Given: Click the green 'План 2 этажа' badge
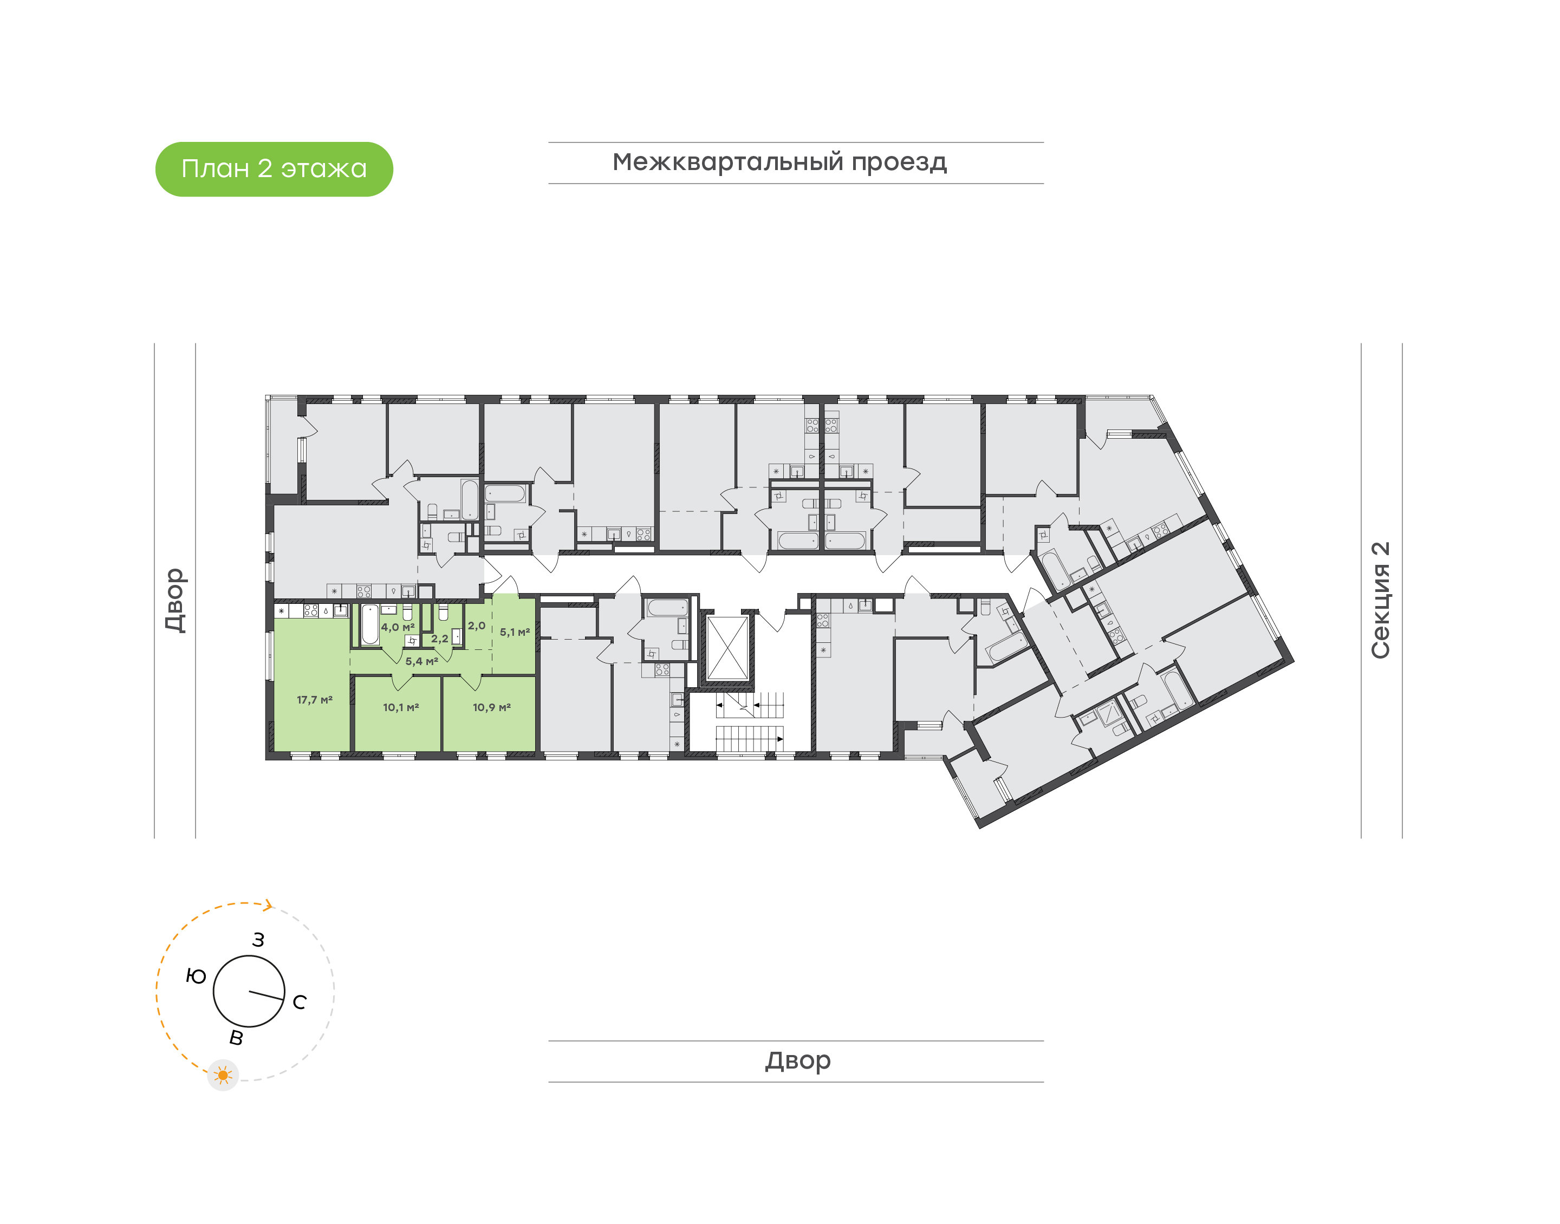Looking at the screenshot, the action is [274, 169].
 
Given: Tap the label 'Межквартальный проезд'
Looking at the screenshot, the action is [779, 162].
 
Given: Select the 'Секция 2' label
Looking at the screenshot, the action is [1380, 600].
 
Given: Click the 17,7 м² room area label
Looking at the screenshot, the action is [315, 699].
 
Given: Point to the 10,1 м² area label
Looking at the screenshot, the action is [401, 707].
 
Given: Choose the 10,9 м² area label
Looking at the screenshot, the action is [492, 707].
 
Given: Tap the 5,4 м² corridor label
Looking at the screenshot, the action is [421, 661].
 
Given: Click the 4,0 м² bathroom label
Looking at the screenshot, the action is [398, 627].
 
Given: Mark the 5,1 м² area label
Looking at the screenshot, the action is [515, 632].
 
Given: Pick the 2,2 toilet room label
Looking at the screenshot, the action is [439, 639].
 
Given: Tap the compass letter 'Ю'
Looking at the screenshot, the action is [196, 976].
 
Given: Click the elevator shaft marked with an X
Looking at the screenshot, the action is [727, 648].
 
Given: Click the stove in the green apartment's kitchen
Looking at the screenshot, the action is [311, 611].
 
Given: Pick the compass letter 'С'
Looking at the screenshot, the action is [300, 1002].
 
